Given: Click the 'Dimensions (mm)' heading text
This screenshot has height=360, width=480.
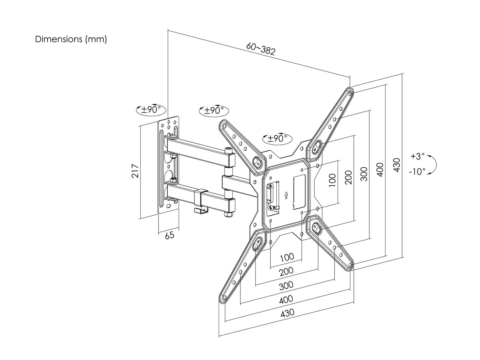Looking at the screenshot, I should [71, 40].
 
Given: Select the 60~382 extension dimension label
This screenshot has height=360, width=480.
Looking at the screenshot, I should [261, 49].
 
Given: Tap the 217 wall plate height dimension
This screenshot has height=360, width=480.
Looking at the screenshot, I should [135, 171].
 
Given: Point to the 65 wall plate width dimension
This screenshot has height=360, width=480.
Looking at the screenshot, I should [170, 235].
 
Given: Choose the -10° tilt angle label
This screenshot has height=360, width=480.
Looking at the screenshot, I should [417, 171].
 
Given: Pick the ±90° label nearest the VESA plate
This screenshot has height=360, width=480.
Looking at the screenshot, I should [277, 138].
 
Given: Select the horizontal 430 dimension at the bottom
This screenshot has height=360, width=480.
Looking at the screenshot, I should [287, 313].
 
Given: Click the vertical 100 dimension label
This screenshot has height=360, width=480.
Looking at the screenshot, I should [332, 180].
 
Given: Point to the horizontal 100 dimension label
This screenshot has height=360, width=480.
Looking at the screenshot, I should [287, 257].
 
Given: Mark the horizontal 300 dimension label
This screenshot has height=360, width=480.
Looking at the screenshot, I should [286, 285].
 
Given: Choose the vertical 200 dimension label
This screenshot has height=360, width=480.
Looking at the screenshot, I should [348, 177].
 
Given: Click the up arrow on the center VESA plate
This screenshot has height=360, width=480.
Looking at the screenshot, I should [285, 195].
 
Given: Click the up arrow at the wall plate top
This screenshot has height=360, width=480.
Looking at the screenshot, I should [169, 122].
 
